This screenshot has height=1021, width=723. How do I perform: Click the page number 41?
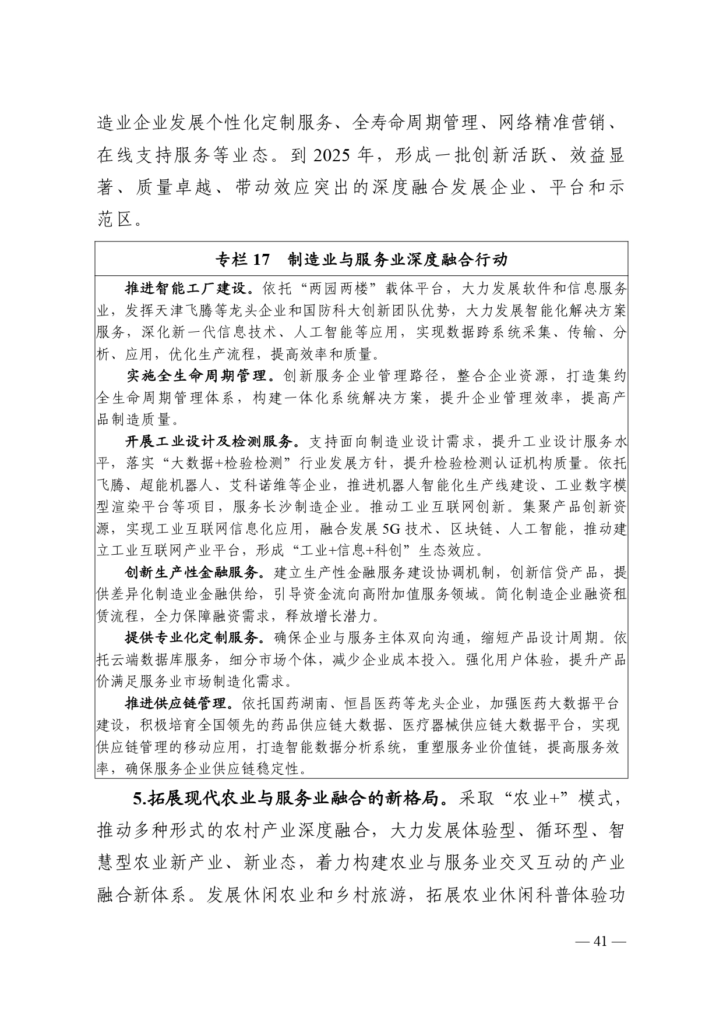coord(600,941)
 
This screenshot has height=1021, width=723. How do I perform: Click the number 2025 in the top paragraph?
coord(333,155)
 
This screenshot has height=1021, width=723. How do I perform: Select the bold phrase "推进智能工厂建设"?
coord(186,289)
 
